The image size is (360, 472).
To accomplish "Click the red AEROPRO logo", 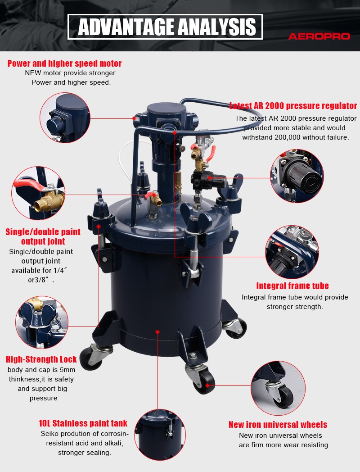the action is click(x=319, y=36).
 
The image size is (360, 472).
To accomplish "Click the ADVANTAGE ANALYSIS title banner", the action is click(x=165, y=27).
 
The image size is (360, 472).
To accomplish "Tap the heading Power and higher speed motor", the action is click(x=65, y=64).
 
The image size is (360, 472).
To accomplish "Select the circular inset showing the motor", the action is click(x=65, y=118).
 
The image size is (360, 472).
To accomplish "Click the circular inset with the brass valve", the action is click(x=38, y=193).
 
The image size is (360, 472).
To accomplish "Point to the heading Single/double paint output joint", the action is click(x=43, y=236).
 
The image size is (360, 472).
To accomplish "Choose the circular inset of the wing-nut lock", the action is click(x=42, y=322).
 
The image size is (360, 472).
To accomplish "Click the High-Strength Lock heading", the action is click(x=41, y=359).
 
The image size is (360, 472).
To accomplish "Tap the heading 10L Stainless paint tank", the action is click(x=83, y=423).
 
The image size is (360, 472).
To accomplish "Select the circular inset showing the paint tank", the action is click(x=160, y=434).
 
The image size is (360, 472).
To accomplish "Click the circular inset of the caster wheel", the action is click(x=278, y=388).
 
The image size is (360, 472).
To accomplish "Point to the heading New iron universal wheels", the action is click(x=278, y=425).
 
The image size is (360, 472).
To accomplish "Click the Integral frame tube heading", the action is click(x=292, y=286).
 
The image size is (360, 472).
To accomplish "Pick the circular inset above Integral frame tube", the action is click(x=292, y=252).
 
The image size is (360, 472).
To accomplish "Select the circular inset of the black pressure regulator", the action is click(x=297, y=176).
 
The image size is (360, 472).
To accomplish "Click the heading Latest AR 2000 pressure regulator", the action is click(x=293, y=106).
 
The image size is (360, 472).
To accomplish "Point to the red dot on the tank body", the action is click(x=157, y=331).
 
